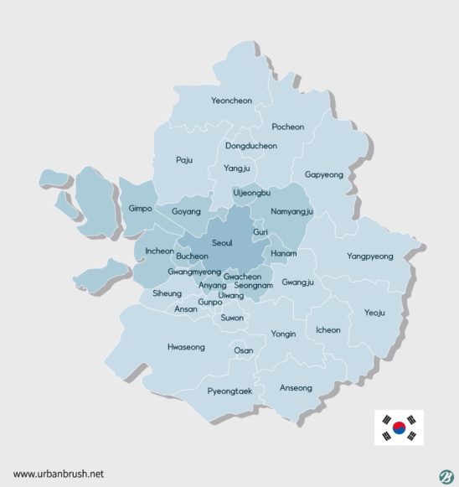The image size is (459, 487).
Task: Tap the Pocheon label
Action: point(288,127)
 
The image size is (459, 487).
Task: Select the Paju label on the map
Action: point(184,159)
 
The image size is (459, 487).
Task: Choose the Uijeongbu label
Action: point(251,192)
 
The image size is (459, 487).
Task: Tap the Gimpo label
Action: point(140,208)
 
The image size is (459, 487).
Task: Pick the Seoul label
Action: point(222,242)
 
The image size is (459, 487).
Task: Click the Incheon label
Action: point(159,251)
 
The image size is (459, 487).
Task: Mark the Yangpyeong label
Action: point(369,256)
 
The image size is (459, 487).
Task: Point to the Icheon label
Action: point(327,329)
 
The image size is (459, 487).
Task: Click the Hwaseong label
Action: point(185,345)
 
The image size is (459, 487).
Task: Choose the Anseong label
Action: point(296,387)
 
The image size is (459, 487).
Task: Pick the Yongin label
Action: point(283,334)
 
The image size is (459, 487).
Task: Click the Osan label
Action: point(243,350)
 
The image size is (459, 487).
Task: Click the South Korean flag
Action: point(398,427)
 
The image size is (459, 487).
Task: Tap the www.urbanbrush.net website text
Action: point(58,474)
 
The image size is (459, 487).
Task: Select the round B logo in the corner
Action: point(445,474)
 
